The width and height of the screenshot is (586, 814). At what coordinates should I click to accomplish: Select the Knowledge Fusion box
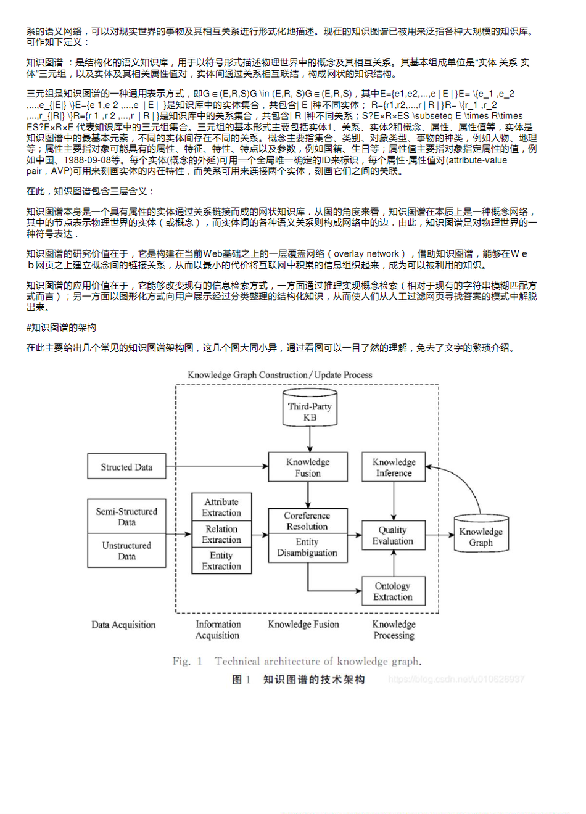(308, 467)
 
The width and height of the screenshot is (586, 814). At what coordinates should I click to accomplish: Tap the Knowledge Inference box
(394, 467)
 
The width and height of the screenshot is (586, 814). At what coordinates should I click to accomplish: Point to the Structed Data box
(126, 467)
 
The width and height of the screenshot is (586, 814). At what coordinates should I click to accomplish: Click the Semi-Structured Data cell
(126, 517)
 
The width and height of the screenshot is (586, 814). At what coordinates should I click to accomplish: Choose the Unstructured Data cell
(126, 551)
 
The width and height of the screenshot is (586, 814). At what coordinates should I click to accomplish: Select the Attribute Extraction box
(221, 508)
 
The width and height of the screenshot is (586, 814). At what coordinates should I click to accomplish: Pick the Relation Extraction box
(221, 534)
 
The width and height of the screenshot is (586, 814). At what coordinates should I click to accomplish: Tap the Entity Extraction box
(221, 561)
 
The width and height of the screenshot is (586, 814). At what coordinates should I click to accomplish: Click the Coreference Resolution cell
(307, 520)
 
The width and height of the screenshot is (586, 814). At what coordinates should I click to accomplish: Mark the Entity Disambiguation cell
(307, 547)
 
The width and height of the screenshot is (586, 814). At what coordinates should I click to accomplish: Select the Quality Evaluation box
(393, 535)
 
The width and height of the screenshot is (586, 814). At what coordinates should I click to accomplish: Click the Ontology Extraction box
(393, 591)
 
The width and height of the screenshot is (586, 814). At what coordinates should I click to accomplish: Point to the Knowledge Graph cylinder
(481, 536)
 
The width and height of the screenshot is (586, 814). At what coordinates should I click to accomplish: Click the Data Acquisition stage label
(123, 625)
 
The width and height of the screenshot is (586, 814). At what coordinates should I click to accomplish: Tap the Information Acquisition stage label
(218, 630)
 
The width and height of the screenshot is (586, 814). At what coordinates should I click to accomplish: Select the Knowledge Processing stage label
(394, 630)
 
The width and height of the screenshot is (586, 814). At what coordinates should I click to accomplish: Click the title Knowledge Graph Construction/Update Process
(280, 375)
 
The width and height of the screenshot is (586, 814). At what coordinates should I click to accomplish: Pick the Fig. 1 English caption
(297, 661)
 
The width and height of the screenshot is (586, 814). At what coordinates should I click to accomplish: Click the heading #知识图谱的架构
(61, 327)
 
